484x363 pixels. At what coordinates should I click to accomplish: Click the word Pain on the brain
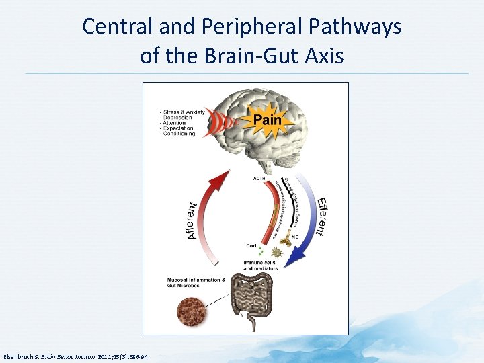click(267, 122)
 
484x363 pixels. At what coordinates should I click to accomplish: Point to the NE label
click(294, 237)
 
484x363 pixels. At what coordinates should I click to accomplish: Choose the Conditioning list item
click(178, 134)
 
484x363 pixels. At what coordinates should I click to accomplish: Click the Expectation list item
click(178, 128)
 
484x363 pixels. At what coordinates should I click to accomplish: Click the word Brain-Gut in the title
click(240, 55)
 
